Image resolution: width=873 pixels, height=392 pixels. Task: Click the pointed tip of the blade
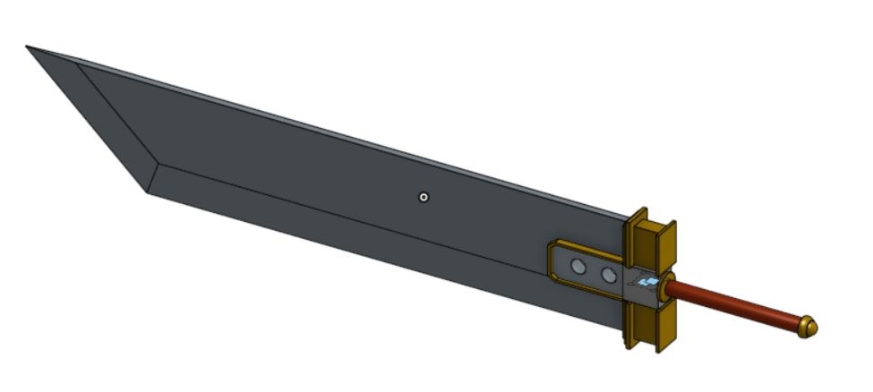29,47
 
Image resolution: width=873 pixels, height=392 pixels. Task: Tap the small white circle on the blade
424,197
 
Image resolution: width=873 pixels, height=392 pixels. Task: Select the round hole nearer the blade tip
579,266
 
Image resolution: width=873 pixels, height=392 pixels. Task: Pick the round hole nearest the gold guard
609,275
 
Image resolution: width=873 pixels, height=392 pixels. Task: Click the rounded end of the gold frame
551,260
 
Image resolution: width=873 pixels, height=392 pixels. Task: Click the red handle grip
734,306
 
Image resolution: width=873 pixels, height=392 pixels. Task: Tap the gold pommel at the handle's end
808,327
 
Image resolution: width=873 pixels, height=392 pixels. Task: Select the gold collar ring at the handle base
671,287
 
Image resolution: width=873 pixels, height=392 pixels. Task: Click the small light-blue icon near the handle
650,283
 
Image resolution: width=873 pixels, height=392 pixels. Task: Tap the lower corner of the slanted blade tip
147,191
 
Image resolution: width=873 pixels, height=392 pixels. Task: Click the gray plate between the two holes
594,270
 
